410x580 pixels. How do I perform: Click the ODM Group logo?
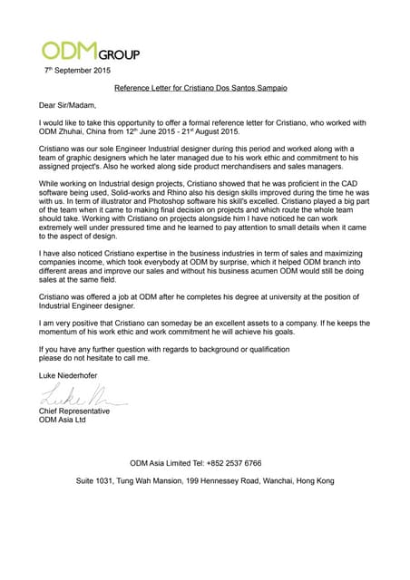tap(90, 52)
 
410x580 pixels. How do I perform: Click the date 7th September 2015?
tap(78, 70)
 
